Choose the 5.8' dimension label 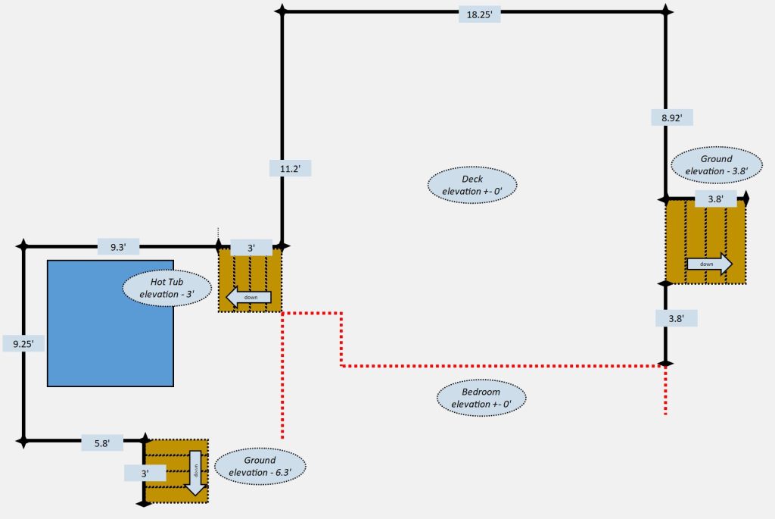(x=102, y=443)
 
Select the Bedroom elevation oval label (x=481, y=398)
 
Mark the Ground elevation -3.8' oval (x=716, y=165)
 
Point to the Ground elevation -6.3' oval (x=260, y=466)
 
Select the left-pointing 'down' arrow (x=248, y=298)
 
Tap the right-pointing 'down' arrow (x=709, y=264)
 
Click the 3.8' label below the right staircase (x=676, y=319)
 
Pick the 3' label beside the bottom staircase (x=144, y=473)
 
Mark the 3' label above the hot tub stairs (x=251, y=247)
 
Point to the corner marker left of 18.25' (x=282, y=11)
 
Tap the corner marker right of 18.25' (x=666, y=11)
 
